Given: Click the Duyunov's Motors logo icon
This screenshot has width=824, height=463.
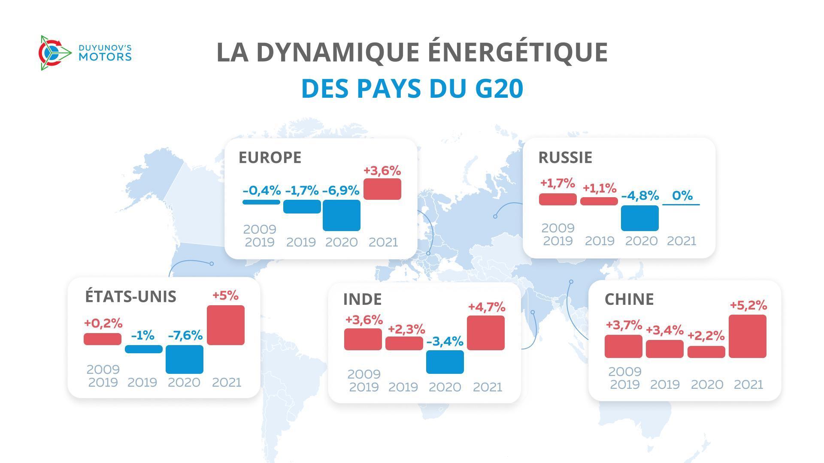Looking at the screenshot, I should click(55, 53).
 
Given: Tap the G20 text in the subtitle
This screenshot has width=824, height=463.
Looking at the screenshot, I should click(499, 89).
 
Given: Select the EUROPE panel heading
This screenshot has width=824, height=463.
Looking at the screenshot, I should click(270, 157).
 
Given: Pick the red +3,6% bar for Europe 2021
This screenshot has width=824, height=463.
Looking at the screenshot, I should click(382, 189).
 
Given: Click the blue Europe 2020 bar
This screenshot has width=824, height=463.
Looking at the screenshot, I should click(342, 215).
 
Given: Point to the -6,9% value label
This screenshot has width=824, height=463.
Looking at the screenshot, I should click(341, 191).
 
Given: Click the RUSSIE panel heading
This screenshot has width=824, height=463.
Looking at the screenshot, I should click(565, 157).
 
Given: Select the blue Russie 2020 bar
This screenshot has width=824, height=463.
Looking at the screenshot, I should click(640, 218).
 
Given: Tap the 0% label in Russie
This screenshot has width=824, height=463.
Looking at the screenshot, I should click(682, 195).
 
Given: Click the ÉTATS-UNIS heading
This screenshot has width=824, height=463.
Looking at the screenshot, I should click(130, 297).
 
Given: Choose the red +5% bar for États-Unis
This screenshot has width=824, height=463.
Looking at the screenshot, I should click(226, 325).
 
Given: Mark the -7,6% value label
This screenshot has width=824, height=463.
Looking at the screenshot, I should click(185, 335).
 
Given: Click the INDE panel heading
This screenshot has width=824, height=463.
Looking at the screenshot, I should click(362, 299).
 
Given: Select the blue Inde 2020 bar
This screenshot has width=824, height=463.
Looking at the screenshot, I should click(445, 362).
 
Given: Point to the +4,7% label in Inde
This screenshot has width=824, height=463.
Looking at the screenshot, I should click(487, 307).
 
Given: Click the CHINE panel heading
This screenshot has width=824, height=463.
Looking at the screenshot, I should click(629, 299).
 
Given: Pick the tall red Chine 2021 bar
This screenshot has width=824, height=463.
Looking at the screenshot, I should click(748, 336).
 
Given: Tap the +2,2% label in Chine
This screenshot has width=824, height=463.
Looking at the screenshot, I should click(706, 336).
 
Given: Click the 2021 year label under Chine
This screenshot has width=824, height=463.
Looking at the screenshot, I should click(748, 385).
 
